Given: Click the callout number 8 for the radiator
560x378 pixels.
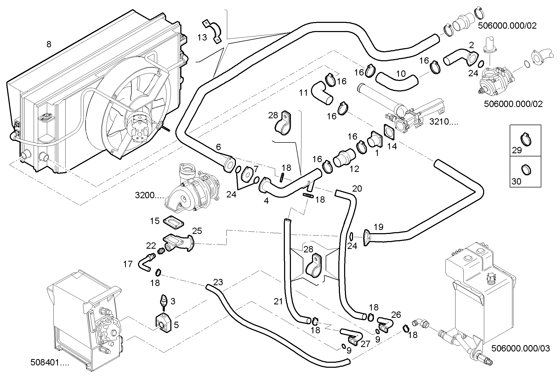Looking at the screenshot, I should coord(49,44).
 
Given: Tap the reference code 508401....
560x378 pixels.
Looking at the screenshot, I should coord(49,362).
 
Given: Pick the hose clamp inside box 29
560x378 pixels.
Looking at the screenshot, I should coord(526,139).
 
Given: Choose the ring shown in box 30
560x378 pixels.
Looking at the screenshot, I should coord(526,170).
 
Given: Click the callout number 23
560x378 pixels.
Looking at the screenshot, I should coord(218,282).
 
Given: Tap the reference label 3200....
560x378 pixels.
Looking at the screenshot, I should coord(149,195).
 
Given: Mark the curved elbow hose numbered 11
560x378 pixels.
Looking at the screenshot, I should coord(321,93).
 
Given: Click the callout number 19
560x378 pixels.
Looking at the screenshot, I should coord(379,227).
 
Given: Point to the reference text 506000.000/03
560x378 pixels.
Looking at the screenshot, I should coord(521,349).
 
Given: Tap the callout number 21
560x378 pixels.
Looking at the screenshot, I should coord(278,302).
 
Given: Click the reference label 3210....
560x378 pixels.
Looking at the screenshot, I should coord(444,121).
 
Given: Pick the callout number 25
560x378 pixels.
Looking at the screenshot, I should coord(197,231).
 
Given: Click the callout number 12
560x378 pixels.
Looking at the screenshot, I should coord(354,169).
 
